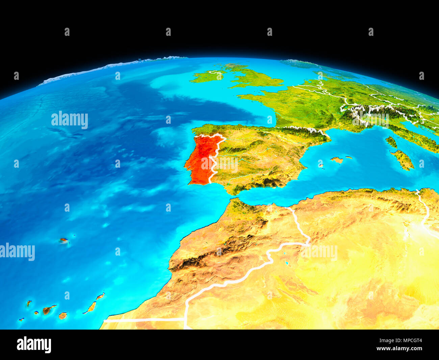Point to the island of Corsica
pyautogui.click(x=391, y=142)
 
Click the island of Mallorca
pyautogui.click(x=337, y=160)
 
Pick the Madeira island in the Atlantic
pyautogui.click(x=63, y=240)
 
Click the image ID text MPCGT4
pyautogui.click(x=409, y=341)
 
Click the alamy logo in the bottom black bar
pyautogui.click(x=34, y=345)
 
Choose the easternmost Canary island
pyautogui.click(x=100, y=296)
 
